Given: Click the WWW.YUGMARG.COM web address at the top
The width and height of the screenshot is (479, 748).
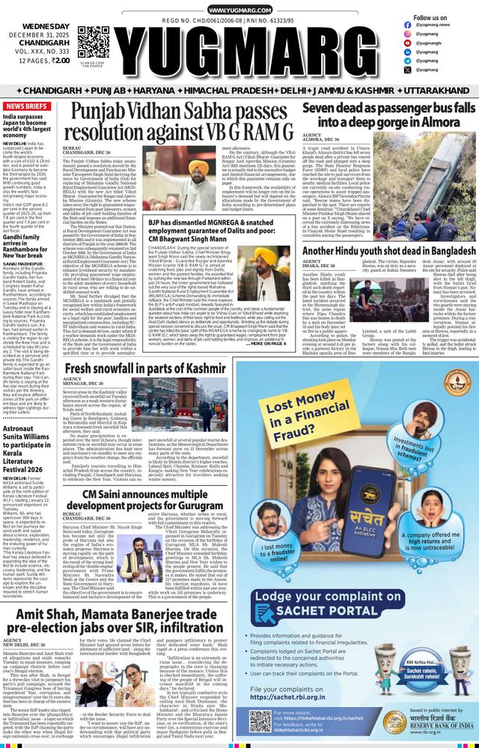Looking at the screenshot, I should point(239,10).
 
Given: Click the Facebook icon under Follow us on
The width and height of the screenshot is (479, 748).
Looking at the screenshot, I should point(408,25).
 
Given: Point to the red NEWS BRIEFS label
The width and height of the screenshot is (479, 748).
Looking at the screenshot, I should point(26,106).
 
